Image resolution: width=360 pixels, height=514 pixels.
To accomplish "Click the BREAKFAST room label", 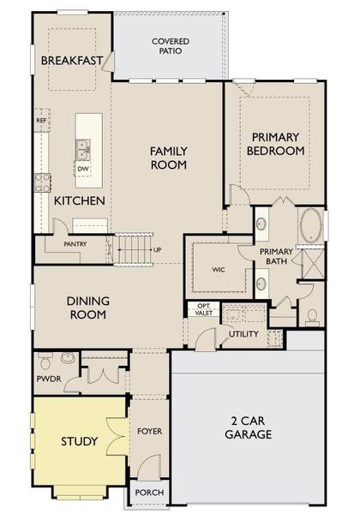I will tap(71, 60).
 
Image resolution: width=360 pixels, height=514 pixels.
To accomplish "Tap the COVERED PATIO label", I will tap(171, 45).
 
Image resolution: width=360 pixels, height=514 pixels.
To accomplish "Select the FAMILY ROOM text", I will tap(168, 158).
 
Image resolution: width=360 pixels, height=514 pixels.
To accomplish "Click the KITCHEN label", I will tap(80, 200).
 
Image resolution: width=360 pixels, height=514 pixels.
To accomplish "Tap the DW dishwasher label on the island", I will tap(83, 169).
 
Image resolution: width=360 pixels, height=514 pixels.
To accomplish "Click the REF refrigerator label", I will tap(40, 121).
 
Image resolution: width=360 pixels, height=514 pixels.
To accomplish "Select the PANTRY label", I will tap(75, 243).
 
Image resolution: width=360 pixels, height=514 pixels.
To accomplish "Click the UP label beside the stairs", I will tap(157, 249).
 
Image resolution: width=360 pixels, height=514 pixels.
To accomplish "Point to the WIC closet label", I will tap(219, 269).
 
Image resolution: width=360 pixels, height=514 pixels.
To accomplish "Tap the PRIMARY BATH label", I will tap(277, 257).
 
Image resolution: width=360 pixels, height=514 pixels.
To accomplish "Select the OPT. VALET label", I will tap(204, 310).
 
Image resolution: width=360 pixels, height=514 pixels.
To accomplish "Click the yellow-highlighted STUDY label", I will tap(79, 441).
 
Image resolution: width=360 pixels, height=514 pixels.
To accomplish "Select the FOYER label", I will tap(150, 431).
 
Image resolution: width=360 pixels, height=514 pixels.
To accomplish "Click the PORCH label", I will tap(149, 493).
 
